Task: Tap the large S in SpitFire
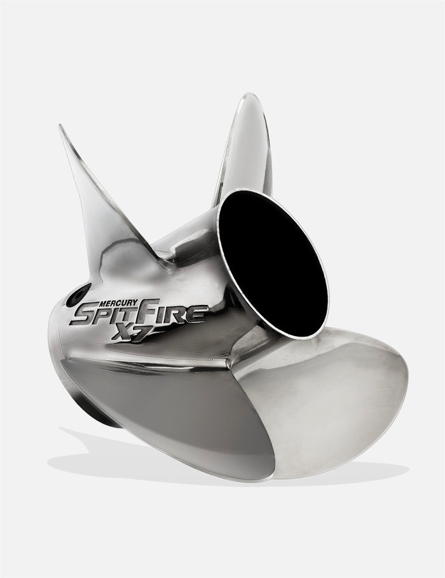[83, 316]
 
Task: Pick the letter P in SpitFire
[104, 316]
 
